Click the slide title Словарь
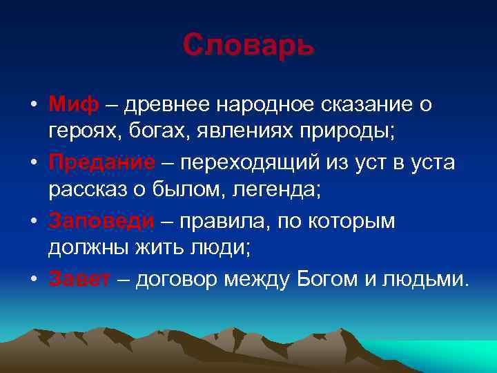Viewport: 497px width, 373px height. (x=248, y=46)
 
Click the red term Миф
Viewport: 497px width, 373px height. (x=74, y=105)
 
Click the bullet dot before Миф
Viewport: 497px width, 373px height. (x=33, y=106)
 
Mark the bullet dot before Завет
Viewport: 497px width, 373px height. (x=33, y=280)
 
